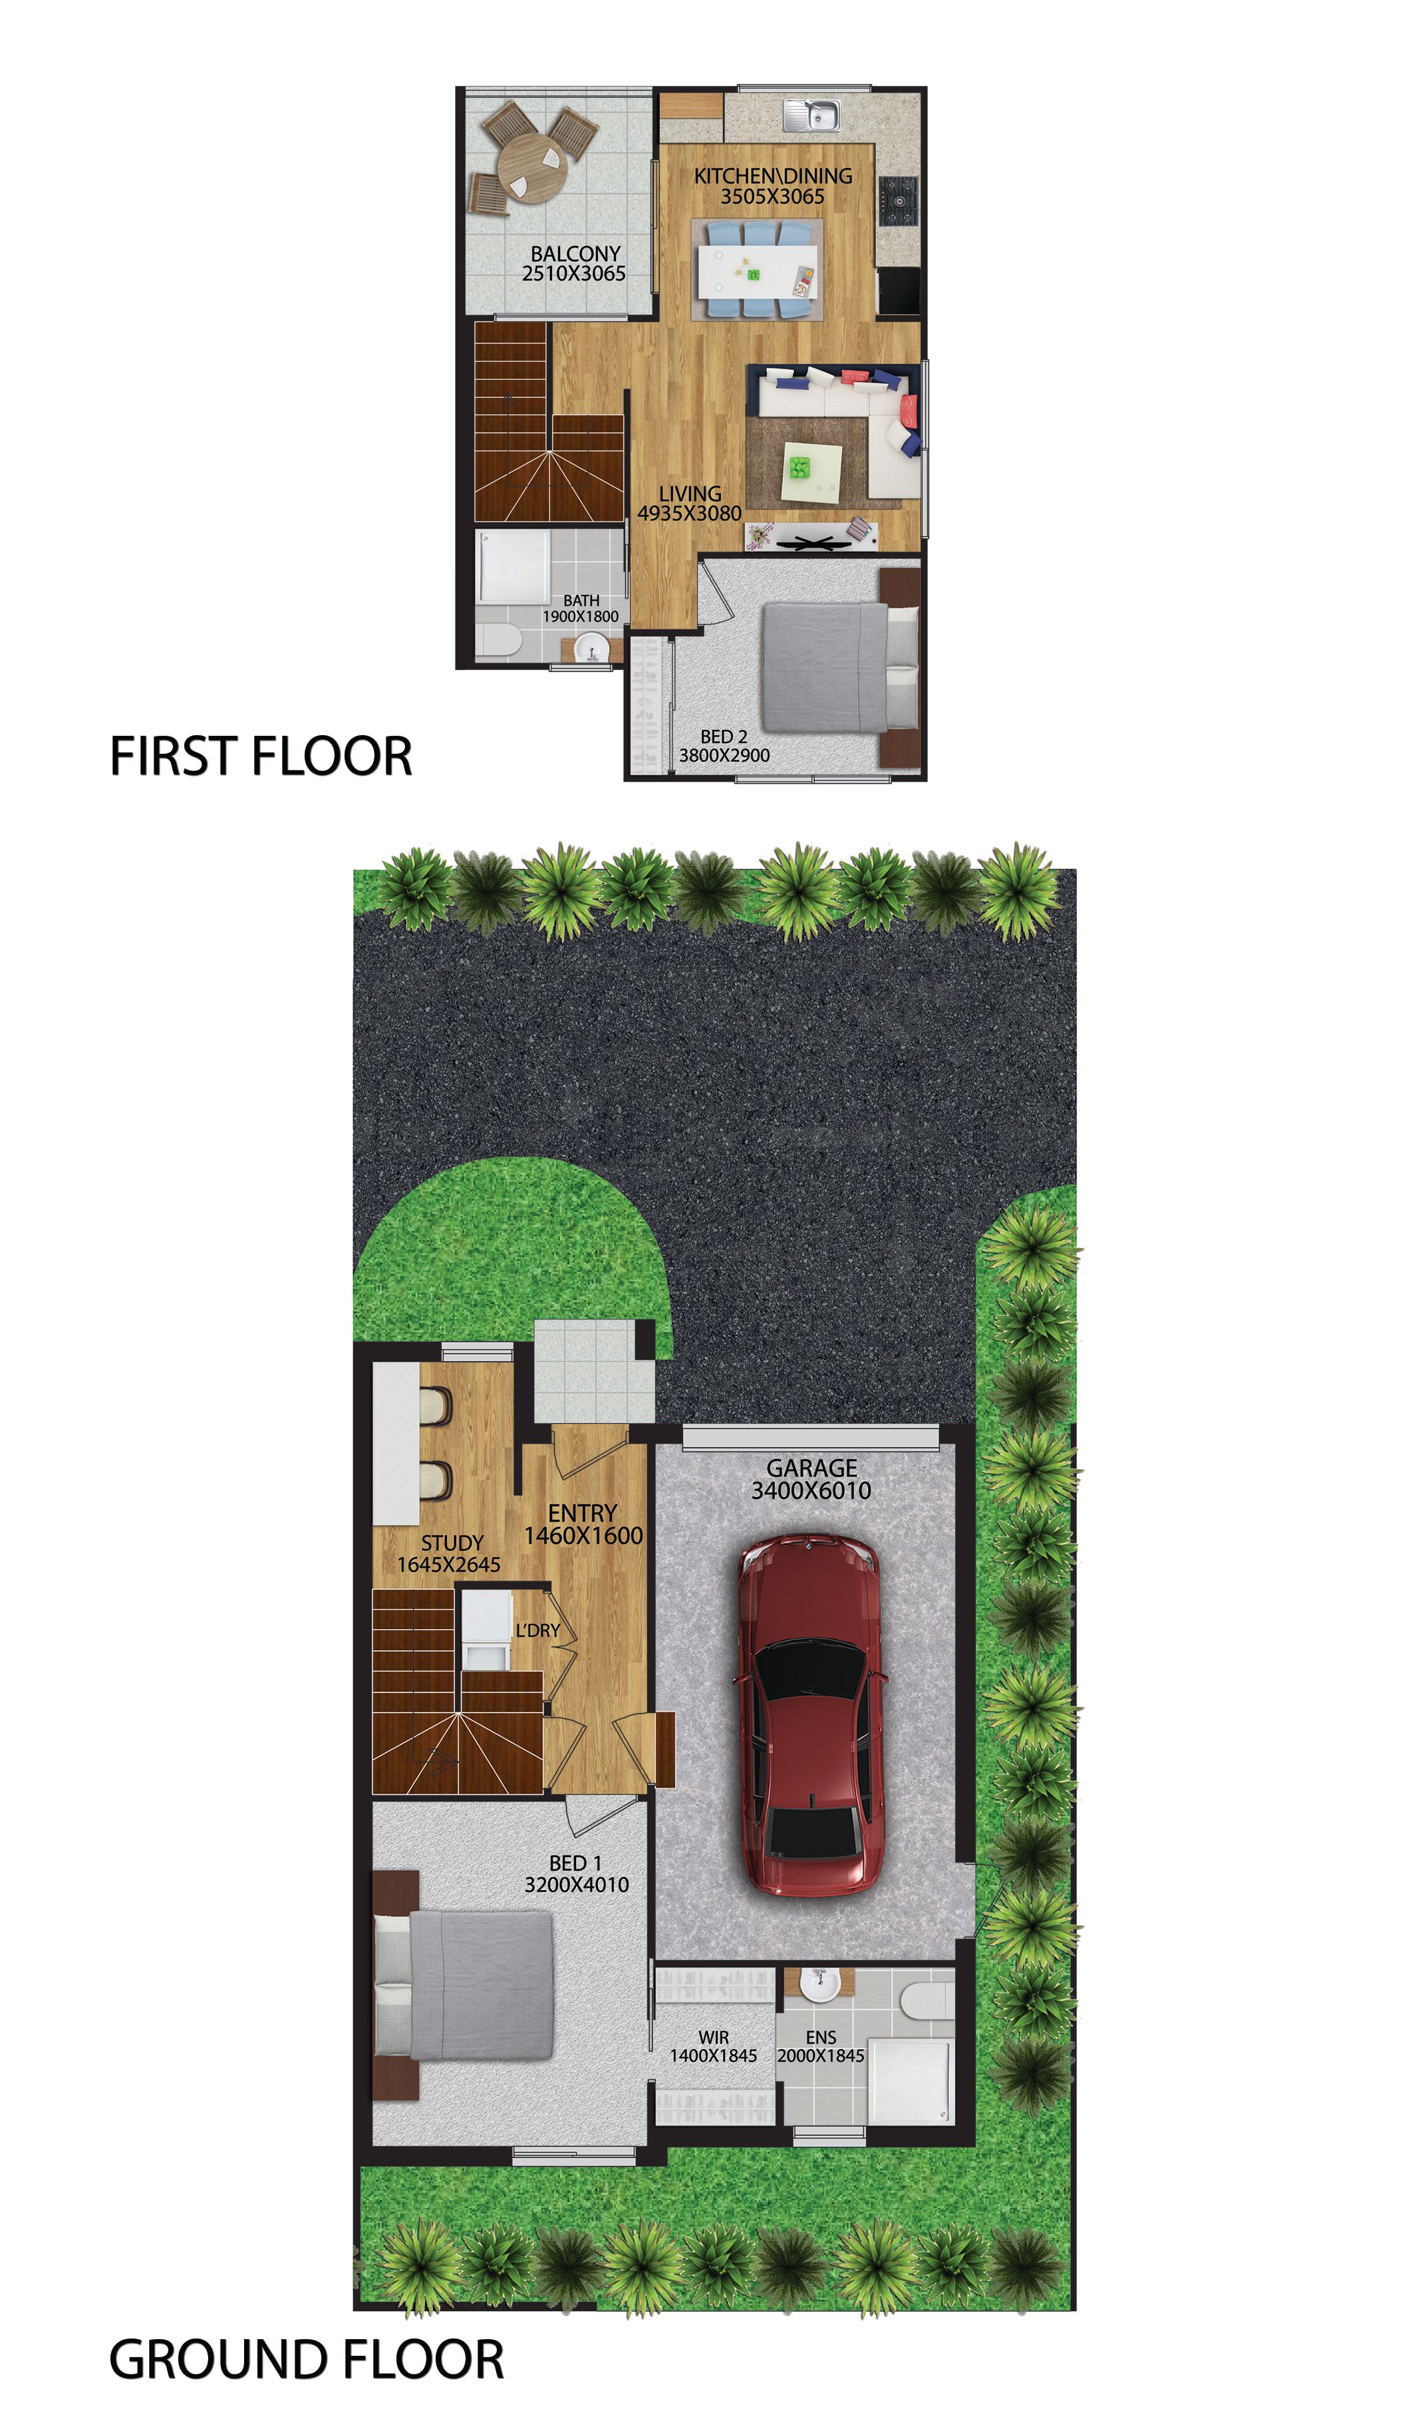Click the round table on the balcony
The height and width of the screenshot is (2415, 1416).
533,165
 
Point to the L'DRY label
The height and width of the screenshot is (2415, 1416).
537,1630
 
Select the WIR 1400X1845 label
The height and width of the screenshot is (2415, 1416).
713,2047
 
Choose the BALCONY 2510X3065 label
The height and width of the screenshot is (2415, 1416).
575,263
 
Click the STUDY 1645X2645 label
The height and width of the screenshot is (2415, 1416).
450,1553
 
